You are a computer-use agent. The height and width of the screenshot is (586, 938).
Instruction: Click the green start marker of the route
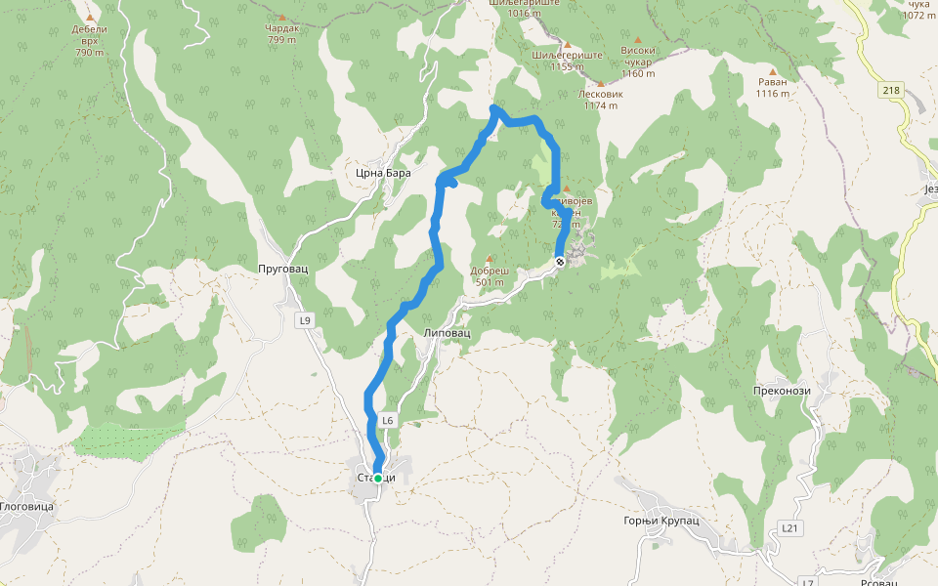378,479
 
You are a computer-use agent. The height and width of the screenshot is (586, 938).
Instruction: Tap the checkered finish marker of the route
560,262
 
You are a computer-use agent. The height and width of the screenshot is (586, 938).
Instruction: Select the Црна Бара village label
384,173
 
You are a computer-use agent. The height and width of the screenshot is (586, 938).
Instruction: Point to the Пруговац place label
282,268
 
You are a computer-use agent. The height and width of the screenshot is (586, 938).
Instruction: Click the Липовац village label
448,333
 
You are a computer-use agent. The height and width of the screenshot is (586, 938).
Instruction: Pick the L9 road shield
305,320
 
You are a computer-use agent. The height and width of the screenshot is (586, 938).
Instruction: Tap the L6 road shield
388,421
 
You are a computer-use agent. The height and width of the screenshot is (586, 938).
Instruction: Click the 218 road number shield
890,91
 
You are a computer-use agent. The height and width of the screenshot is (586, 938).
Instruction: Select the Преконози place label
783,391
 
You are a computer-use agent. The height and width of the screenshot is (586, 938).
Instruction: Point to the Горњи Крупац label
661,521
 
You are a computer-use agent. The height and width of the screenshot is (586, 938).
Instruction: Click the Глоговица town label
26,507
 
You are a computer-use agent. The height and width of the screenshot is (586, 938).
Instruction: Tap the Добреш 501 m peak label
489,276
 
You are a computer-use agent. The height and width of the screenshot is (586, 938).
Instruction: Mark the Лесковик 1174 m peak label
600,100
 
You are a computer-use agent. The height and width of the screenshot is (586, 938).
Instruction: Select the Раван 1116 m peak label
772,88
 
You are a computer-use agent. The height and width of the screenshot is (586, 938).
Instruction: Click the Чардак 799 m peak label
281,34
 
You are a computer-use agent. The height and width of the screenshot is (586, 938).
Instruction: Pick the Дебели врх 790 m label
89,40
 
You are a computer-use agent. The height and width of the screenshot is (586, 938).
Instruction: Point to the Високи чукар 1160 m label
637,62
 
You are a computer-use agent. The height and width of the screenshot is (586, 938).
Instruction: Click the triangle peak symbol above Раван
772,71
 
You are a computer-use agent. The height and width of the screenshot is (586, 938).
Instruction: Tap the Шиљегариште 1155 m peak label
566,62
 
